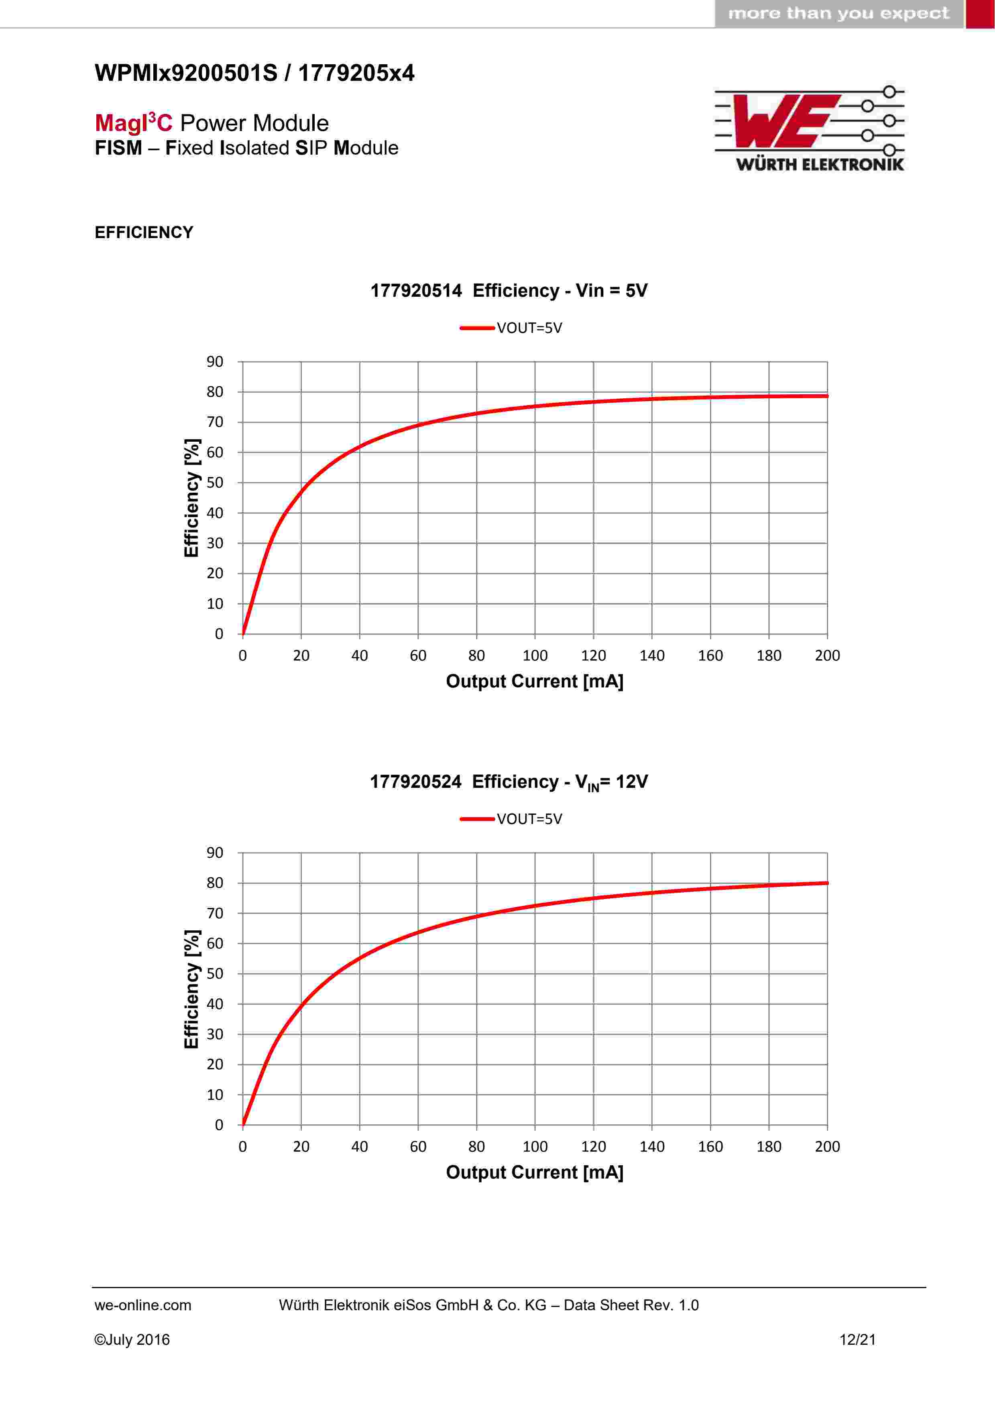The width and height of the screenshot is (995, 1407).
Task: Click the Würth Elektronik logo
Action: click(809, 128)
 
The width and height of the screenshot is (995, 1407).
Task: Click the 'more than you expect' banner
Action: click(838, 14)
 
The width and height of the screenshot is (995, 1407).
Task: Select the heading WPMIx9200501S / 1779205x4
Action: click(254, 73)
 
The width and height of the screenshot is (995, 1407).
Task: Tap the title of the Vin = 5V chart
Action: click(509, 290)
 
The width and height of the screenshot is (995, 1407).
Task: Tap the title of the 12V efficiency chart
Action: click(509, 781)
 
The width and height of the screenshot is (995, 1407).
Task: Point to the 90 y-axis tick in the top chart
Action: click(214, 361)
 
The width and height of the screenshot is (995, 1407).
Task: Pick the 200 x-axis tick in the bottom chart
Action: click(827, 1146)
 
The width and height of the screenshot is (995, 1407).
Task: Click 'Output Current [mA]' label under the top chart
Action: click(534, 681)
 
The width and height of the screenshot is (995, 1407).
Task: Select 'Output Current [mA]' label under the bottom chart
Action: click(534, 1172)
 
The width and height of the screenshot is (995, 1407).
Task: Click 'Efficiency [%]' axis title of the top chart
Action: click(192, 498)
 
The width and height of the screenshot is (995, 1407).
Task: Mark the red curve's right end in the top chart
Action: click(826, 396)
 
